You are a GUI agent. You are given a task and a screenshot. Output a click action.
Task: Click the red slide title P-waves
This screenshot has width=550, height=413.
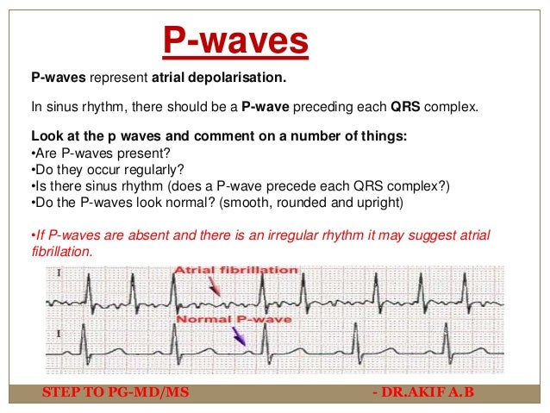(235, 41)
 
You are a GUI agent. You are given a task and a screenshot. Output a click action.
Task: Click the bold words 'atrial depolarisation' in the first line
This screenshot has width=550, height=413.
(218, 78)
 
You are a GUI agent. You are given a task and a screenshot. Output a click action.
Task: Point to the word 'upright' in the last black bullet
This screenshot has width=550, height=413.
(377, 202)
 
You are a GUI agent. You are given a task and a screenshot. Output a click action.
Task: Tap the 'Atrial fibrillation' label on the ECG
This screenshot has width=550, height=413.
(235, 271)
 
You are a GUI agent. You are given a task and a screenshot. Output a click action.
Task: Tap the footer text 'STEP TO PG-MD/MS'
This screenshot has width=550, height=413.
(116, 393)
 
